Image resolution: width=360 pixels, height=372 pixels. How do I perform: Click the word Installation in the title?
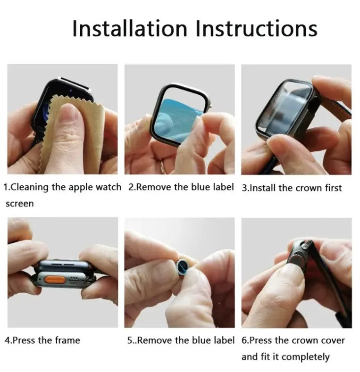(130, 28)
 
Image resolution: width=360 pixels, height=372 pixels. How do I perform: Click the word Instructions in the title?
(257, 28)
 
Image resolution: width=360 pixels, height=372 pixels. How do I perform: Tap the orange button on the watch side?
(55, 280)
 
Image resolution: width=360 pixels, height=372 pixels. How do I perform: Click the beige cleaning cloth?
(71, 133)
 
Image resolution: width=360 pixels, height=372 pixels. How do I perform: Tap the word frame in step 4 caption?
(67, 340)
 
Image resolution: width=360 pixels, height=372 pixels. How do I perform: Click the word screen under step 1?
(19, 204)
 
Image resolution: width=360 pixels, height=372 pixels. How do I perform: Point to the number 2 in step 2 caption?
(131, 187)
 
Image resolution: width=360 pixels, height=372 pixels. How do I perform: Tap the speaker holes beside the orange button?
(74, 280)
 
